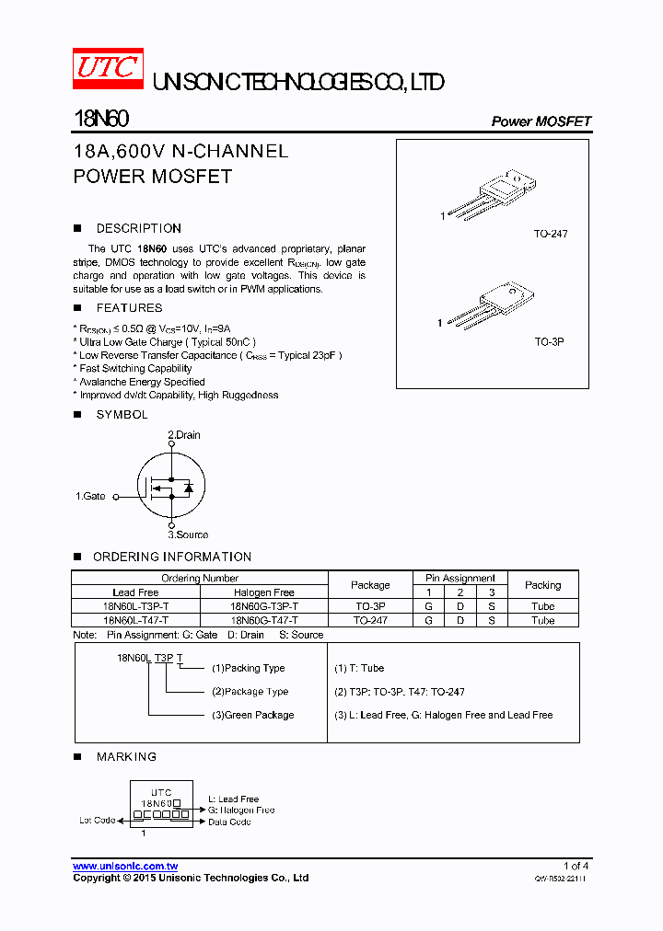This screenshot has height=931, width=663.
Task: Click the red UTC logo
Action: pos(109,69)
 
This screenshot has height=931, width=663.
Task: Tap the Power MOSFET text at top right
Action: pos(541,121)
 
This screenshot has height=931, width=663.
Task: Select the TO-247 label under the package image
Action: pos(551,234)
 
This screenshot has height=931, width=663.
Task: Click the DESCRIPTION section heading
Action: pos(139,228)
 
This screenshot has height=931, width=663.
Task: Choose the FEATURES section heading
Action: pos(129,308)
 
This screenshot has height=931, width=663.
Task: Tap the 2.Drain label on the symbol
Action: pos(184,435)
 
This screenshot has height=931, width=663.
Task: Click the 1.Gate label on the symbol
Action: pos(91,496)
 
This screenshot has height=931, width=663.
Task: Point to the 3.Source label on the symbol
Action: pos(188,534)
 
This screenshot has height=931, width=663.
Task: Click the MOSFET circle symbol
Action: pos(170,486)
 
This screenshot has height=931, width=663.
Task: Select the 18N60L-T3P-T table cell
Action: pos(135,606)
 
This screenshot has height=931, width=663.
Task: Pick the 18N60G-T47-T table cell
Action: pos(264,620)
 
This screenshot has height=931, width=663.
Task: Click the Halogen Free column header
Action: pos(264,592)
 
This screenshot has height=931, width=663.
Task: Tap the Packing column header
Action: pos(542,585)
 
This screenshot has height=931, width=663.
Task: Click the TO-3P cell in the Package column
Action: pos(370,606)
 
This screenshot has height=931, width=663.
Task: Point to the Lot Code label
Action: pos(98,820)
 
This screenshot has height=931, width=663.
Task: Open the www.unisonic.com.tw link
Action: pos(125,867)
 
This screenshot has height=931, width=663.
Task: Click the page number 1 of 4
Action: pos(576,866)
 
